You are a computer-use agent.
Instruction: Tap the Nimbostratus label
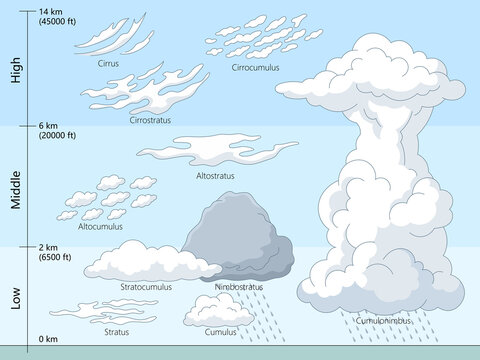tap(239, 287)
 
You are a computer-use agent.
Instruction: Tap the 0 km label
tap(48, 340)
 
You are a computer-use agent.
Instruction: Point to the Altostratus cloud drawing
tap(215, 151)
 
